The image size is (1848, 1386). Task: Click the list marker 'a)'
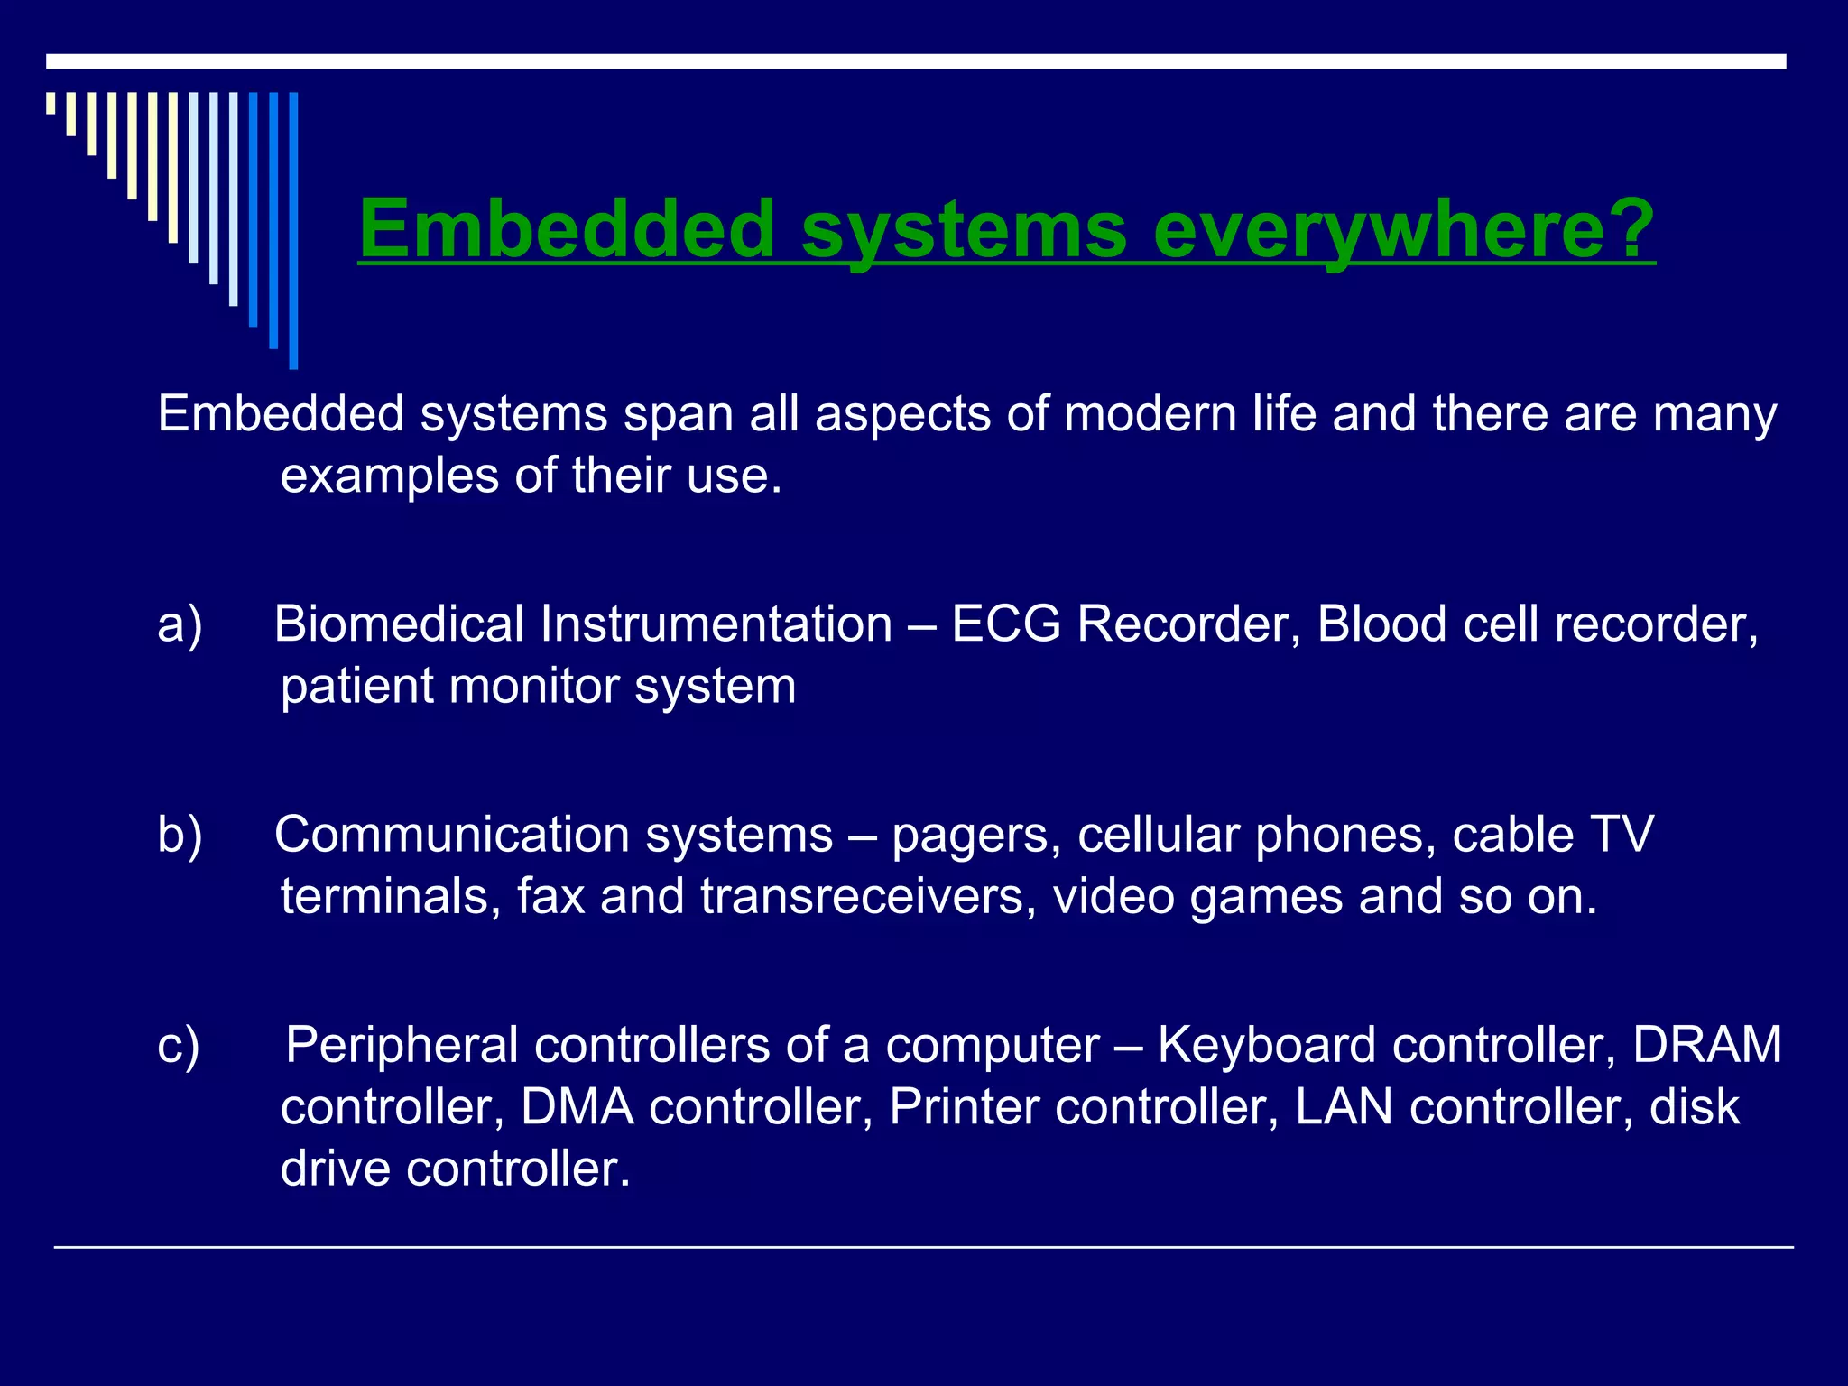pos(180,624)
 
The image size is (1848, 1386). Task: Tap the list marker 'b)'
pos(180,835)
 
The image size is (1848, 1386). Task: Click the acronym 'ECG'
pos(1005,624)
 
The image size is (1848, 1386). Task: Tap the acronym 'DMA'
pos(577,1107)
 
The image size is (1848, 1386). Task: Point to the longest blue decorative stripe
pos(293,230)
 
